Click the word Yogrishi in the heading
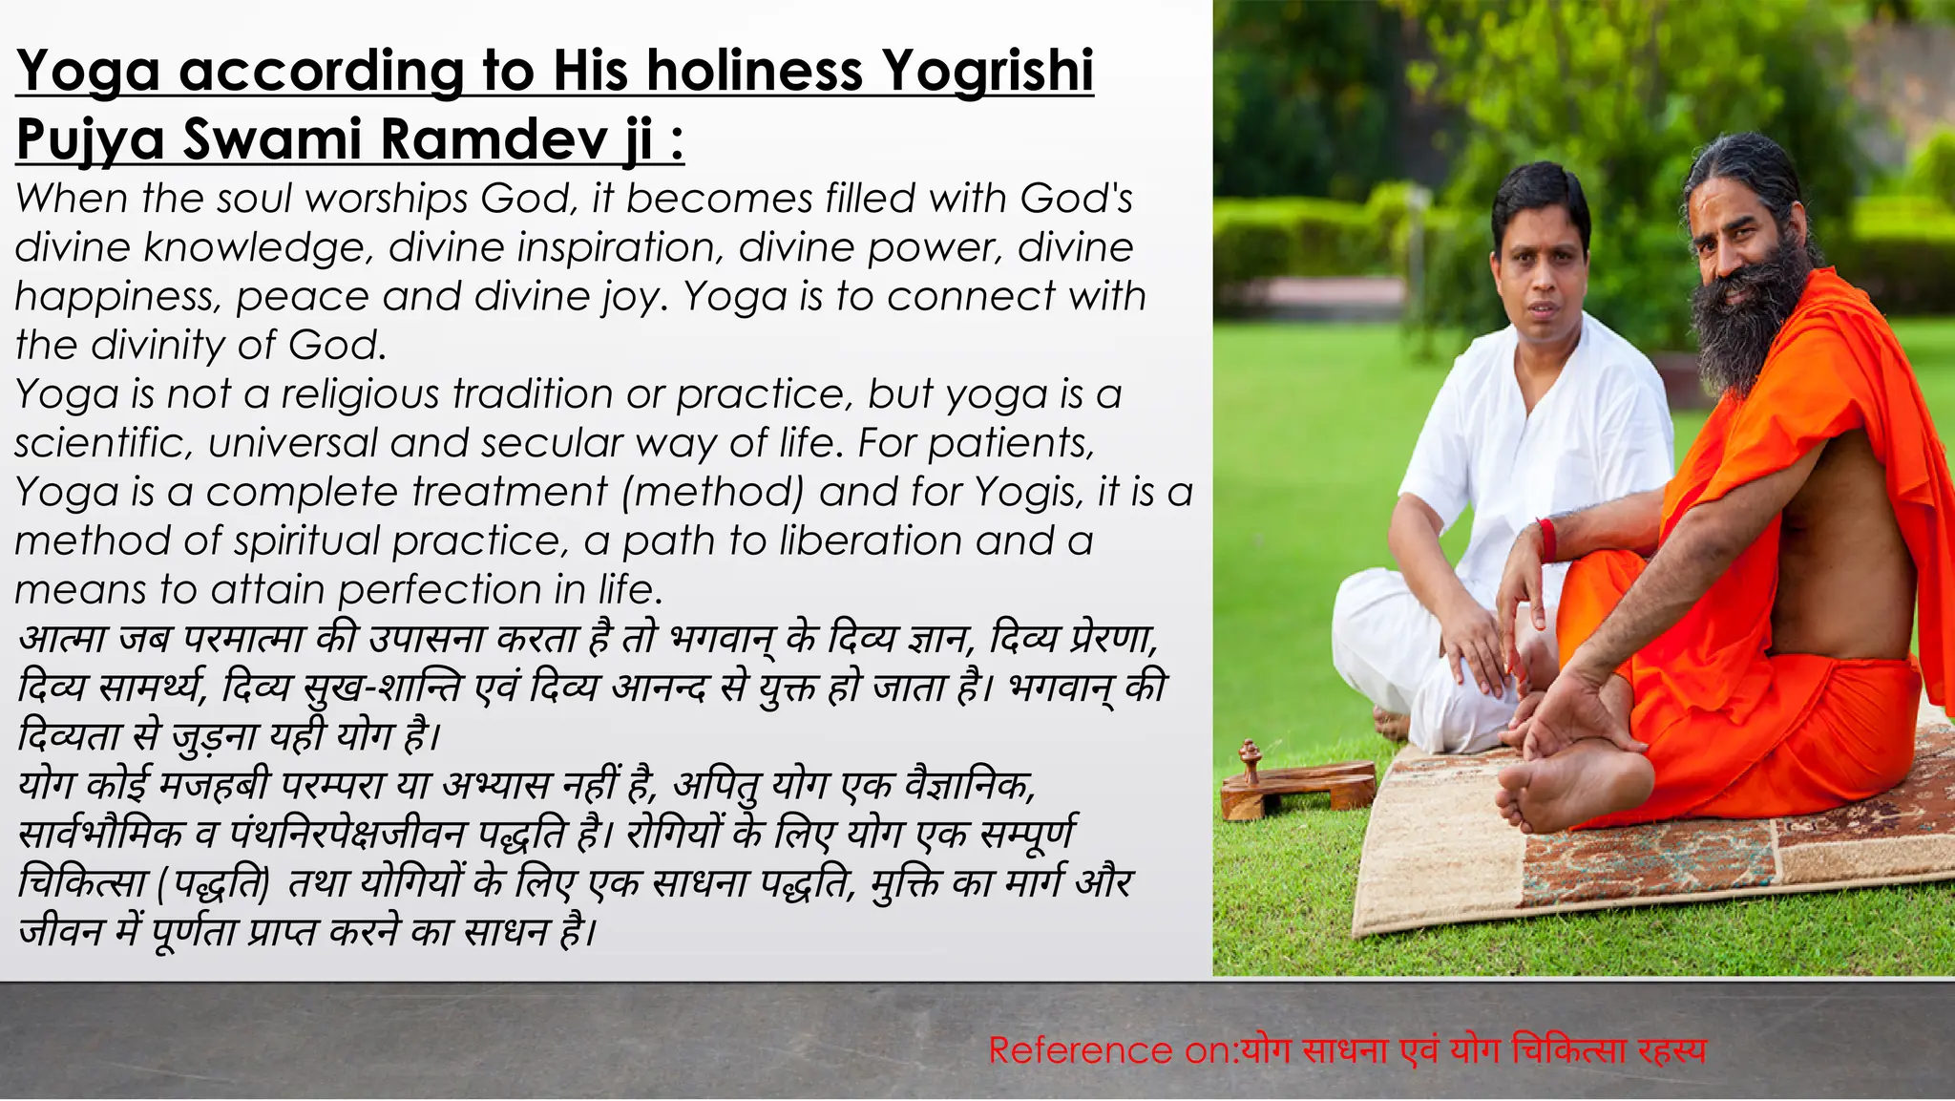point(987,71)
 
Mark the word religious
point(360,394)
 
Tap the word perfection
point(439,589)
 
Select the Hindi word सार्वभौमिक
point(101,834)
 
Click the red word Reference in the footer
point(1079,1050)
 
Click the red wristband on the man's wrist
point(1547,540)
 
